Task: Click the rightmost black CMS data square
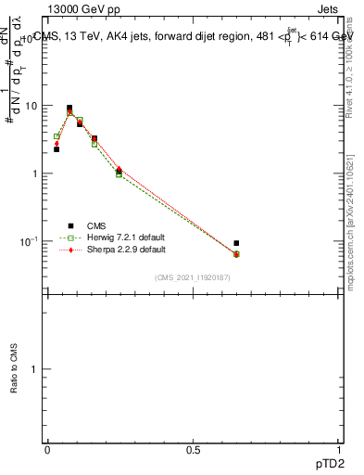pos(236,243)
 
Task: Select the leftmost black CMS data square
pos(56,148)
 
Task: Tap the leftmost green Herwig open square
pos(56,136)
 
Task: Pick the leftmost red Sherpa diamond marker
pos(56,144)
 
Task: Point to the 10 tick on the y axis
pos(36,106)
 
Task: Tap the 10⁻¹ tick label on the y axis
pos(34,241)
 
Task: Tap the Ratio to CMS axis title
pos(14,368)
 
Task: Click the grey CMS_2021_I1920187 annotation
pos(194,277)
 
